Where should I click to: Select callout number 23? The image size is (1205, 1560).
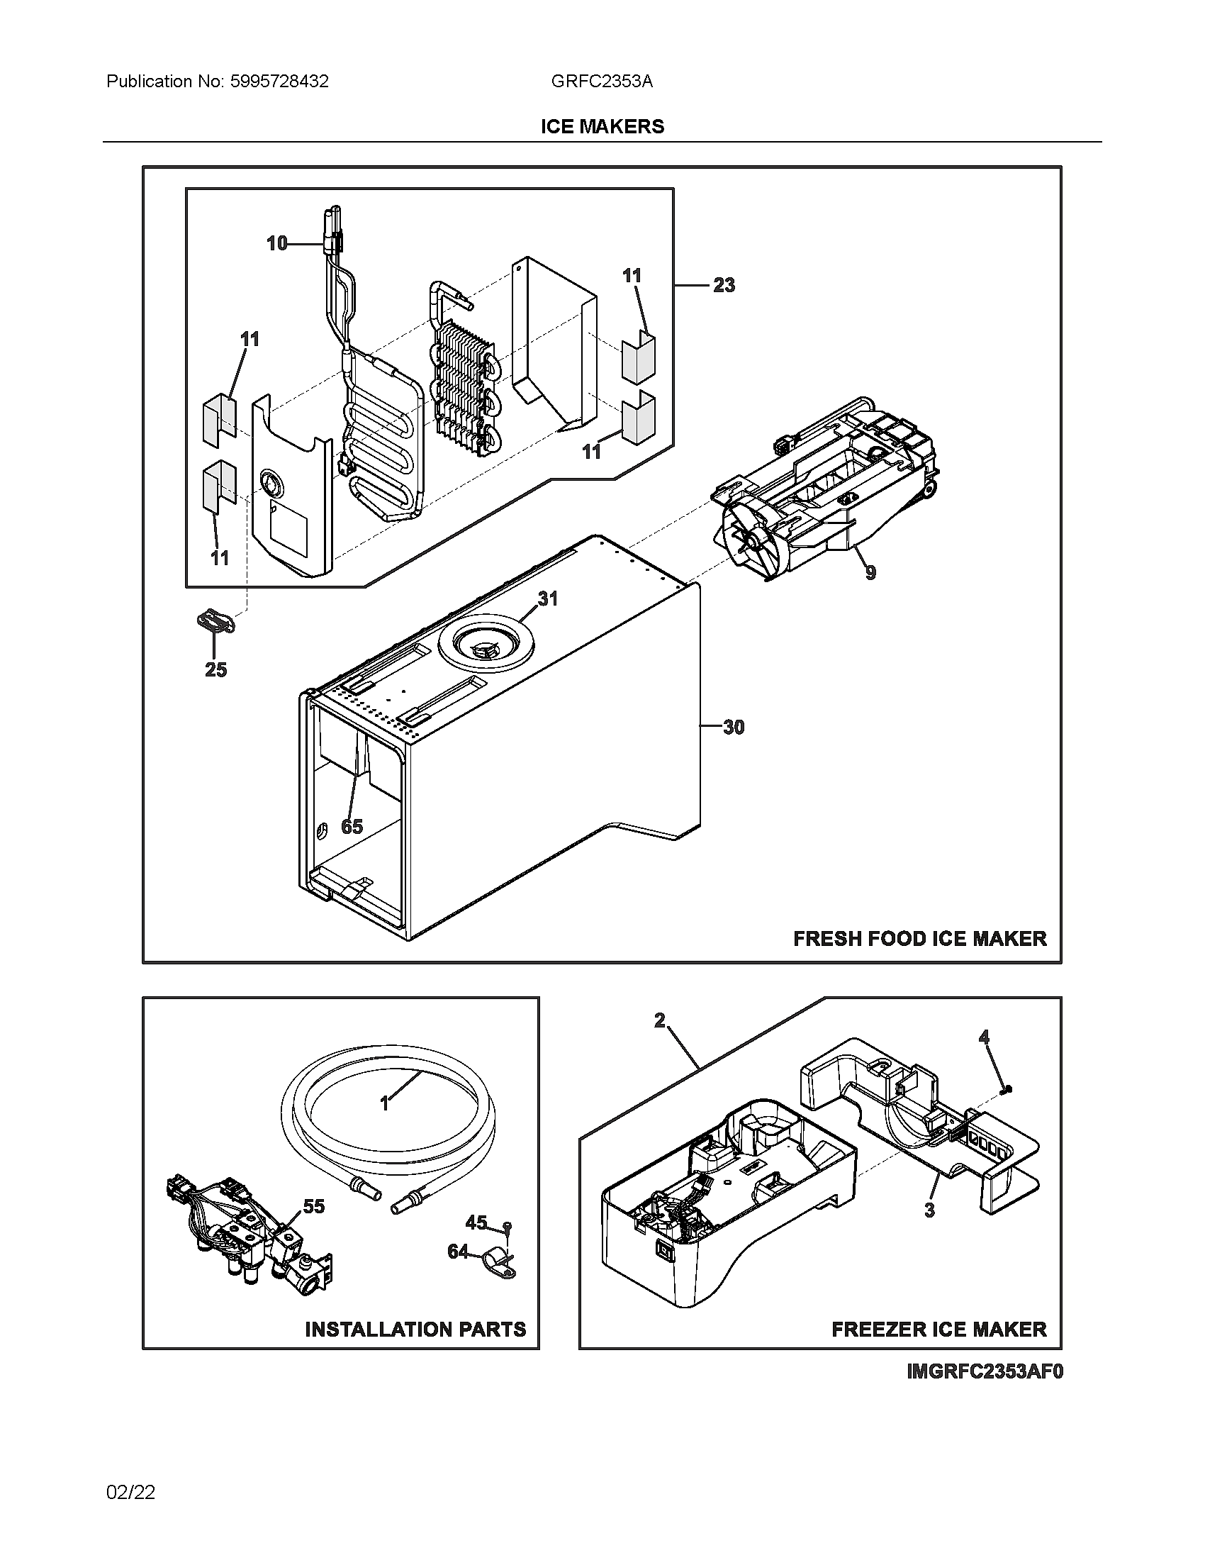[x=724, y=285]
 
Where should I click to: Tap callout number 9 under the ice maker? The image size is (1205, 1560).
[x=870, y=572]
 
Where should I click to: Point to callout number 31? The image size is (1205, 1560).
[x=547, y=598]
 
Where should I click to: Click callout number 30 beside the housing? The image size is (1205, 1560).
[x=734, y=727]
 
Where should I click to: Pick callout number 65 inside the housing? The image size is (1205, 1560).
[x=352, y=826]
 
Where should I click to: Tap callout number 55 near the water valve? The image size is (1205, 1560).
[x=313, y=1206]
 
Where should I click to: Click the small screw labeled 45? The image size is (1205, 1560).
[x=506, y=1226]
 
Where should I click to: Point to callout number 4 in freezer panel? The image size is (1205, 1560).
[x=984, y=1037]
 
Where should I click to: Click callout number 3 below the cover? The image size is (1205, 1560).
[x=929, y=1210]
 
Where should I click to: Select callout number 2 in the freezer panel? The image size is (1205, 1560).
[x=660, y=1020]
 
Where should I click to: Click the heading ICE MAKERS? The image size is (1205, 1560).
[x=602, y=126]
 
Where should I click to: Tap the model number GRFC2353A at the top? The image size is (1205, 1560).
[x=601, y=82]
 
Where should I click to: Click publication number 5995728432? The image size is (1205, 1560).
[x=279, y=82]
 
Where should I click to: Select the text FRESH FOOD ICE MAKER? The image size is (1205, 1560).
[x=919, y=939]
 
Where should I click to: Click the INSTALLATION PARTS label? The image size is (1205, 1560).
[x=415, y=1330]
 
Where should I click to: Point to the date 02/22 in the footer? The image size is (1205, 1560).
[x=130, y=1492]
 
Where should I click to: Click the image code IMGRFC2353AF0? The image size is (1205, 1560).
[x=985, y=1372]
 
